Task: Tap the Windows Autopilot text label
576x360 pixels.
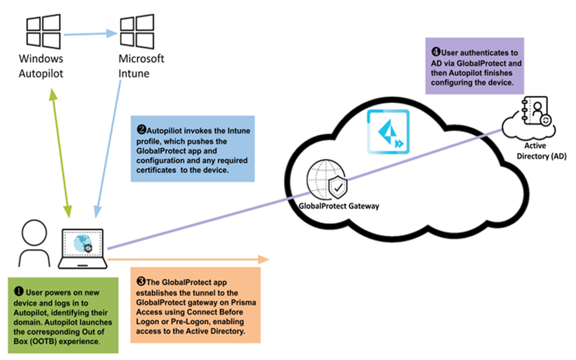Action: pos(41,66)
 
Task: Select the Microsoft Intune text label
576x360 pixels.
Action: pos(141,66)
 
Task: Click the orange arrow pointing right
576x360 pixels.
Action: pos(190,260)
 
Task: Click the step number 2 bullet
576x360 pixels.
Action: pos(141,131)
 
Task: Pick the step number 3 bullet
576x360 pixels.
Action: pos(141,282)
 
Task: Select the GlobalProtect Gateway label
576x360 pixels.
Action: pos(339,206)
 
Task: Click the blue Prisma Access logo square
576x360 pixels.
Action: pos(388,132)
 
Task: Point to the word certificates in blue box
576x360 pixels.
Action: pos(158,170)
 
